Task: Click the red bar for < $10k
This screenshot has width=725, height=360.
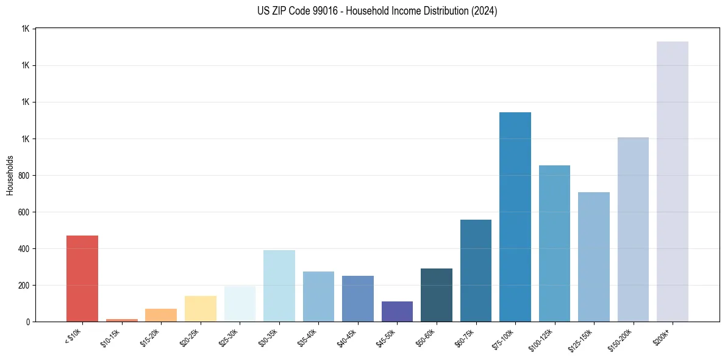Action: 82,278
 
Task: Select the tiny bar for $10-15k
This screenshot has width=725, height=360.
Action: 121,320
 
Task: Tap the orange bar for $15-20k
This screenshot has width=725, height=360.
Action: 161,315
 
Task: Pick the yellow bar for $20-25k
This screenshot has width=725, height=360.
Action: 200,309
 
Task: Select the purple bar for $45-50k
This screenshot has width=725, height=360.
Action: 397,311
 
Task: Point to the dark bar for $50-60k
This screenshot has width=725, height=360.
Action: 437,295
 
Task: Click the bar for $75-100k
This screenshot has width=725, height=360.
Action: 515,217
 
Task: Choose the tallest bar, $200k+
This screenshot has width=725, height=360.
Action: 673,181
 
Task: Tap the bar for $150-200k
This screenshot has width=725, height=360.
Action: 633,229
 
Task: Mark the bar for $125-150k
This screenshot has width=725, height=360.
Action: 594,257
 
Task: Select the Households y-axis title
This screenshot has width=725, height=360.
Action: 10,175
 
